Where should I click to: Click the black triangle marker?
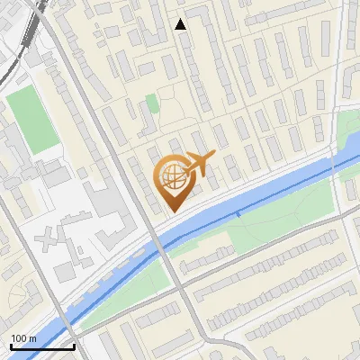tap(181, 24)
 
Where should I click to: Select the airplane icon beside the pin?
tap(199, 162)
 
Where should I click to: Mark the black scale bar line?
tap(42, 346)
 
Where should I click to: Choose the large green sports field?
tap(31, 119)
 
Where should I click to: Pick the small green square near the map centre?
tap(153, 103)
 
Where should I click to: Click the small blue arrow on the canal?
tap(238, 215)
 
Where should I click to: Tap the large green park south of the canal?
tap(270, 229)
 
